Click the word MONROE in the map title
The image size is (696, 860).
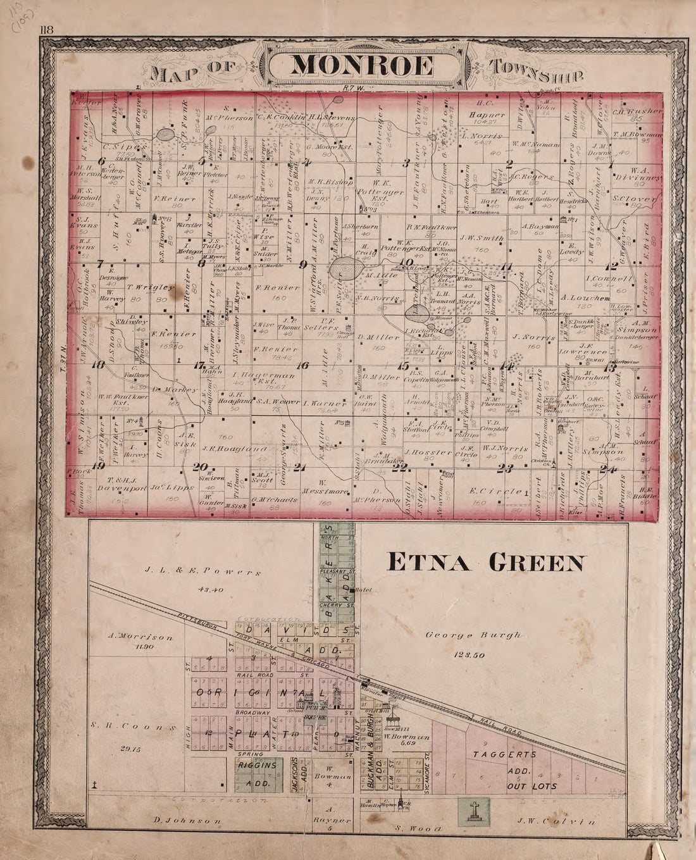pos(364,65)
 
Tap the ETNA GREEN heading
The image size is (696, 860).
pos(485,561)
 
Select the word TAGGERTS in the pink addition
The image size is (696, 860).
pos(511,754)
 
